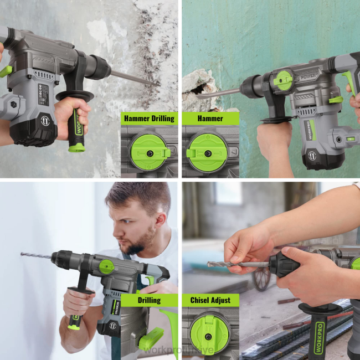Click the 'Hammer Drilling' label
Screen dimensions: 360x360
pyautogui.click(x=149, y=118)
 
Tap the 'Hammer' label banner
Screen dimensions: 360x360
pyautogui.click(x=210, y=118)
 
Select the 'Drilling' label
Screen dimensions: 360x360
pyautogui.click(x=149, y=300)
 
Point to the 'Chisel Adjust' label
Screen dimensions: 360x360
pyautogui.click(x=210, y=300)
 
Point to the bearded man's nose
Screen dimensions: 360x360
pyautogui.click(x=123, y=230)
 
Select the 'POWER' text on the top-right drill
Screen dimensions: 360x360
pyautogui.click(x=309, y=78)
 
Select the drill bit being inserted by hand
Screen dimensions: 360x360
pyautogui.click(x=238, y=265)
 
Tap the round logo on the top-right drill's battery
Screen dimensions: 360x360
pyautogui.click(x=313, y=156)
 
